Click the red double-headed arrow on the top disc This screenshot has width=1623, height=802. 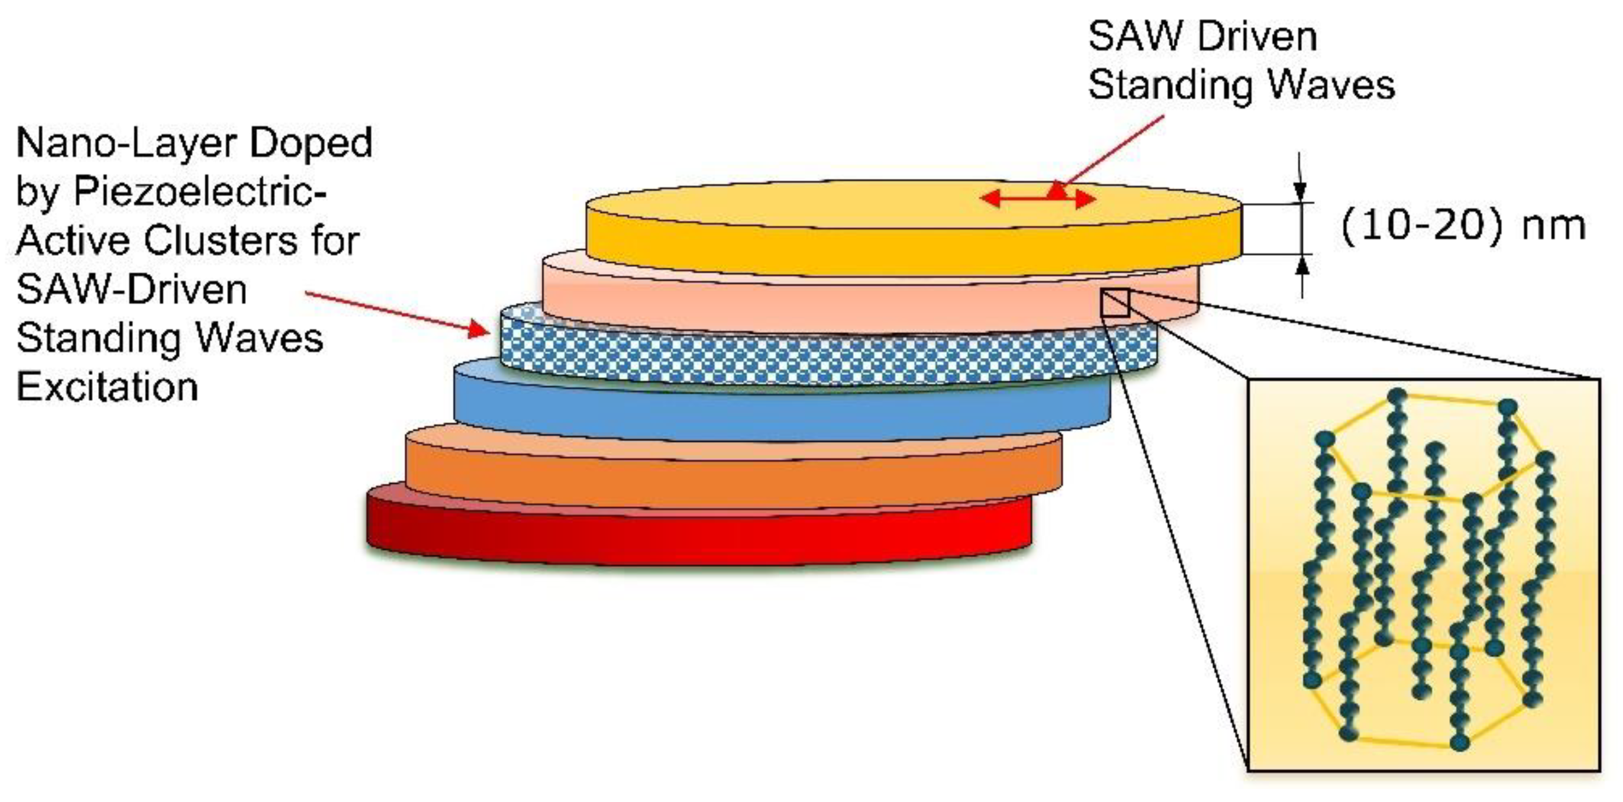tap(1038, 200)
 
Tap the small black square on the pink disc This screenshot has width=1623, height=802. tap(1115, 303)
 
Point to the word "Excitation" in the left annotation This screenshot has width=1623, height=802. tap(107, 386)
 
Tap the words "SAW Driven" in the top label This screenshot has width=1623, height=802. tap(1202, 37)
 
